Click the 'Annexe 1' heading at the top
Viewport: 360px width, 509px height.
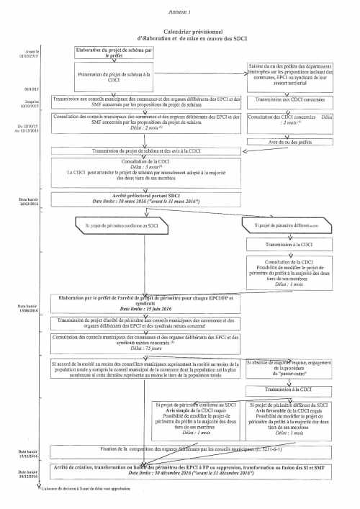(x=180, y=12)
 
